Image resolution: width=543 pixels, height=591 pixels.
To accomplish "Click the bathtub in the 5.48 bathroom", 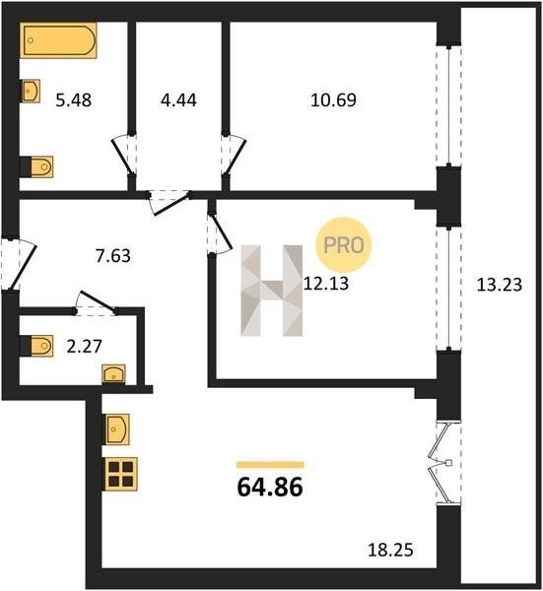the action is [x=58, y=40].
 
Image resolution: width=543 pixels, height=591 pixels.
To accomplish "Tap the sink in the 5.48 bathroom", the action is [x=31, y=91].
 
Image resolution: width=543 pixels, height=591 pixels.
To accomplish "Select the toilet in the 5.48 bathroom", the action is [x=36, y=166].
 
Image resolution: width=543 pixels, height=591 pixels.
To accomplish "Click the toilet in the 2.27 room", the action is [x=36, y=346].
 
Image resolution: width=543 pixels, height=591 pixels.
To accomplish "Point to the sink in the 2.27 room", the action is [x=113, y=374].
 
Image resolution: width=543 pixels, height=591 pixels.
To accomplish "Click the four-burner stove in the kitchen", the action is [x=120, y=474].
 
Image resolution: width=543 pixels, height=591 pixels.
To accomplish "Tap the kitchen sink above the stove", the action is [x=116, y=428].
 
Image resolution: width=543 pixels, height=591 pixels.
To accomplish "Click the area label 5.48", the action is [x=74, y=100].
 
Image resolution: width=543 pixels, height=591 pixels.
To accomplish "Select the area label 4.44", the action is [x=178, y=100].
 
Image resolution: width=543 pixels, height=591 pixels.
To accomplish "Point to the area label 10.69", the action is [x=333, y=100].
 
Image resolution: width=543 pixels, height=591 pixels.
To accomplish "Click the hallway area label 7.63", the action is [x=112, y=255].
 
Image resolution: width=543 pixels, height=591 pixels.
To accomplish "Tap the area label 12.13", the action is [x=326, y=284].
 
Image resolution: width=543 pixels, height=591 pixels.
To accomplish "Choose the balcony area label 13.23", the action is [x=500, y=285].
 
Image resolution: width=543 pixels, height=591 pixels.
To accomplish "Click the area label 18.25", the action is [x=390, y=550].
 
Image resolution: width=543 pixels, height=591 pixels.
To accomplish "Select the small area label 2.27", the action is [x=84, y=347].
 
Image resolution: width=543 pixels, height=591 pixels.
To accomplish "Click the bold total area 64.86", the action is [x=270, y=487].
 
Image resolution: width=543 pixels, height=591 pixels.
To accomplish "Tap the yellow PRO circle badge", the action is [x=344, y=245].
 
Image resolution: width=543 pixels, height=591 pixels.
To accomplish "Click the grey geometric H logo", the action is [x=272, y=291].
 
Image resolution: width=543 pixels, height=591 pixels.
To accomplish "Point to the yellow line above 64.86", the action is [x=270, y=464].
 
